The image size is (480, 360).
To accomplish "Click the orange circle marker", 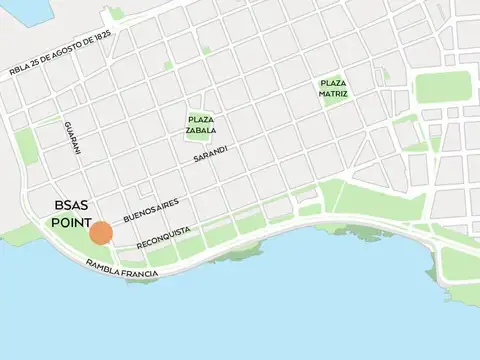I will pyautogui.click(x=100, y=233).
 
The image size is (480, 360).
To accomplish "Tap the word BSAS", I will pyautogui.click(x=73, y=208).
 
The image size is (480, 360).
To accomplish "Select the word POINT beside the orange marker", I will pyautogui.click(x=71, y=224).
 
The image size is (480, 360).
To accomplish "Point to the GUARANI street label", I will pyautogui.click(x=72, y=138).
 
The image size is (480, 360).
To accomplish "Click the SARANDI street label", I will pyautogui.click(x=211, y=154).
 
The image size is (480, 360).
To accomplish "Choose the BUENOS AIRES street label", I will pyautogui.click(x=151, y=210).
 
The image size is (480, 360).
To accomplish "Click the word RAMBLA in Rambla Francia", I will pyautogui.click(x=104, y=266).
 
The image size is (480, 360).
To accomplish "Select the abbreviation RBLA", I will pyautogui.click(x=20, y=70).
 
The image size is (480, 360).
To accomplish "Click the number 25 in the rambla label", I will pyautogui.click(x=38, y=63).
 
